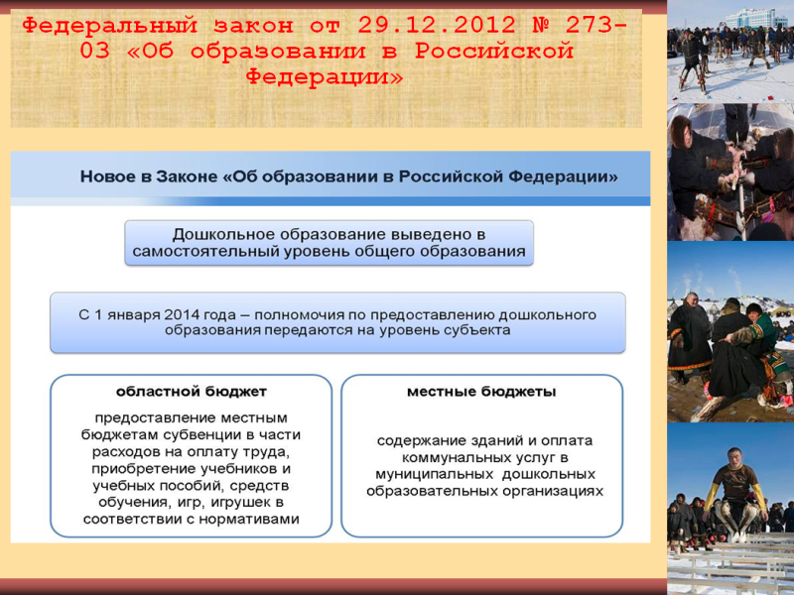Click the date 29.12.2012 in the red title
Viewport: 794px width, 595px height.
coord(437,25)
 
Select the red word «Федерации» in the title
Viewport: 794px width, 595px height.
coord(325,76)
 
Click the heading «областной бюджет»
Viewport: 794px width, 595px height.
coord(192,392)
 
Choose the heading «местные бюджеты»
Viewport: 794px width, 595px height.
coord(481,392)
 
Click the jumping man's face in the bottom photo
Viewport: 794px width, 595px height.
coord(732,455)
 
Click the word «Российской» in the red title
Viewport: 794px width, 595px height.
coord(494,52)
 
